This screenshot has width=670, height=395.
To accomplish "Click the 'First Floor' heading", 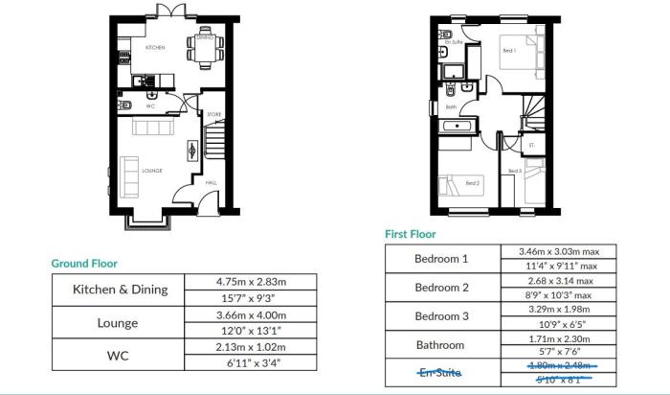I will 410,234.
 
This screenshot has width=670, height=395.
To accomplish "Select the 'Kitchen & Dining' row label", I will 121,289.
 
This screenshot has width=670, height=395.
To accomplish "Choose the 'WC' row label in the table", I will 121,355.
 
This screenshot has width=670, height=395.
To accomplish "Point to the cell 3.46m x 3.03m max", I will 560,251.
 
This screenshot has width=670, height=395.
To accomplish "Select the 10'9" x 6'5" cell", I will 560,323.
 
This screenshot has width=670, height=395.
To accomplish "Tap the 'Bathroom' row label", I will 441,344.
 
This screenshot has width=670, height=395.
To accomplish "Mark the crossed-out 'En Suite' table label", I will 441,372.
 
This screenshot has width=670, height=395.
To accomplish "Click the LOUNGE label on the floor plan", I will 152,171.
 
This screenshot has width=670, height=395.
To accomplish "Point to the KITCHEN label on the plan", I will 155,47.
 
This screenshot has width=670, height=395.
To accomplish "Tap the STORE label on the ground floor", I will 214,115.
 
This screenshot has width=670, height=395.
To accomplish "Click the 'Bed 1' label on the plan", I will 508,50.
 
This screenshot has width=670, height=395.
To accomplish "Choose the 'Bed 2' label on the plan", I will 472,182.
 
